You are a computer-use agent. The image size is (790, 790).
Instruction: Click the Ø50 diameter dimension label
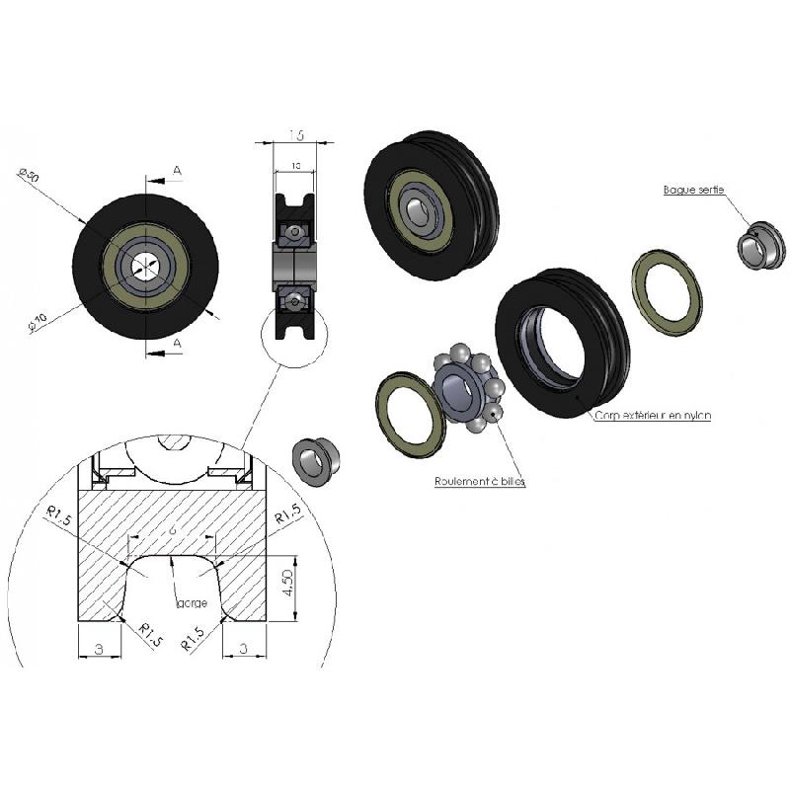28,177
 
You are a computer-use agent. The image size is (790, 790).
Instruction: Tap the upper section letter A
177,171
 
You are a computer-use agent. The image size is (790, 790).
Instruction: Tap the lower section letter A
177,342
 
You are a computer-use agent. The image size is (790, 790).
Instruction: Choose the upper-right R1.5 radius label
287,515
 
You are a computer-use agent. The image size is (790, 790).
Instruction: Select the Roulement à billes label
480,482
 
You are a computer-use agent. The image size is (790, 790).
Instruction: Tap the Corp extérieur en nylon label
652,416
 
